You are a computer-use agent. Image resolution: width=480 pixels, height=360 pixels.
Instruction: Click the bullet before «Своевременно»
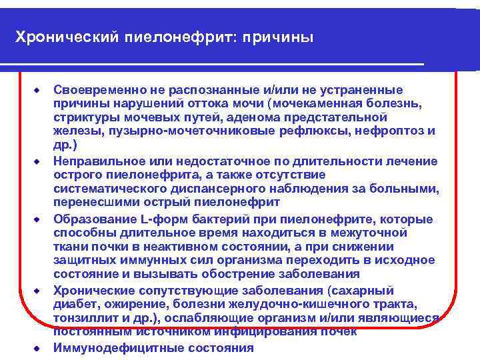click(39, 89)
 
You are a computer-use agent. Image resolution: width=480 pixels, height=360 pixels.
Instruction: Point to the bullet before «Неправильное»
click(39, 161)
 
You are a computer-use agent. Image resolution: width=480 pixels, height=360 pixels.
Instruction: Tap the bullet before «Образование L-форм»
click(39, 220)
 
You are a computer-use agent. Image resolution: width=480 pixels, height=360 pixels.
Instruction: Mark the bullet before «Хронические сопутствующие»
click(39, 291)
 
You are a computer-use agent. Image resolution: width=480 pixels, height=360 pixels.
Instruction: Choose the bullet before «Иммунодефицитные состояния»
click(39, 347)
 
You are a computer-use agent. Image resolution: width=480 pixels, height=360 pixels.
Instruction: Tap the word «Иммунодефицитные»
click(109, 347)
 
